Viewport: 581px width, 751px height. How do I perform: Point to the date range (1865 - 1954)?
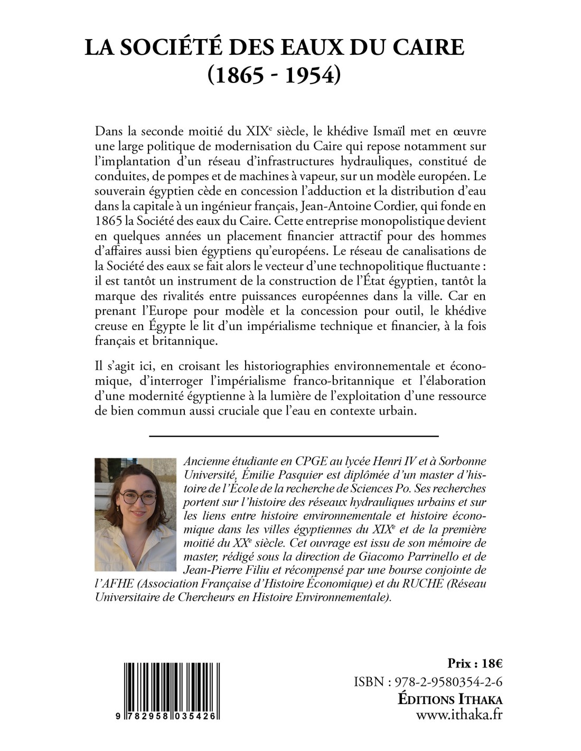275,75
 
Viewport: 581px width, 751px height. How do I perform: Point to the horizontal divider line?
294,436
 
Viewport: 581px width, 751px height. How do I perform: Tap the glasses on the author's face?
138,497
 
